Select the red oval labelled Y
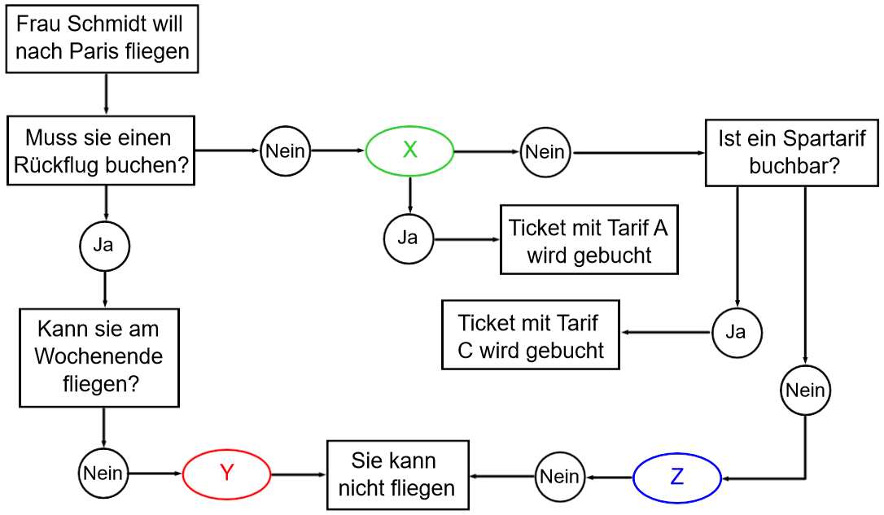[226, 474]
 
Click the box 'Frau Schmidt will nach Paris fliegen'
[103, 38]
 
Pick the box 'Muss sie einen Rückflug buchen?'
[102, 151]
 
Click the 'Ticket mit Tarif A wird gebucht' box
[589, 241]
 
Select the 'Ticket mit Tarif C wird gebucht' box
[531, 336]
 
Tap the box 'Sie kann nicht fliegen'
[398, 474]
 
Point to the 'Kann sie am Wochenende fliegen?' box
[100, 356]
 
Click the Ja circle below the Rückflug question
[103, 244]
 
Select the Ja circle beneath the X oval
[408, 238]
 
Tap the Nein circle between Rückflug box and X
[285, 151]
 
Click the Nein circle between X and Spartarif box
[545, 151]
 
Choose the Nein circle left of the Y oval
[103, 473]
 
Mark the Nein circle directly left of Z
[560, 476]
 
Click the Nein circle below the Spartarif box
[805, 391]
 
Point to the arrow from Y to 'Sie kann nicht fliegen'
[298, 474]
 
